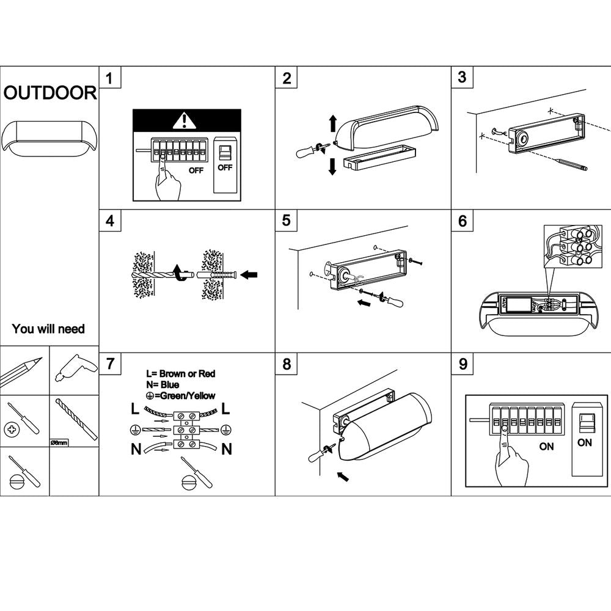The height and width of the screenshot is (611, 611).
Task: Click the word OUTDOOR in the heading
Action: tap(50, 93)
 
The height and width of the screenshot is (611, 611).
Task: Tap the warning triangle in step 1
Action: tap(181, 121)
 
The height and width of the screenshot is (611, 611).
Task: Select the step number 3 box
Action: tap(462, 77)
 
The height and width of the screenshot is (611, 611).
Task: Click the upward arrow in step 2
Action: tap(332, 123)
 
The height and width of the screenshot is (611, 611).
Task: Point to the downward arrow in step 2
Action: tap(332, 166)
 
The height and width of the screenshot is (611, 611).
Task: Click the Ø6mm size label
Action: tap(59, 442)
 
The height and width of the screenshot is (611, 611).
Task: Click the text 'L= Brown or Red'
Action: tap(180, 373)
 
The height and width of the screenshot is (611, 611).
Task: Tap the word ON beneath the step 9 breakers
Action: tap(546, 446)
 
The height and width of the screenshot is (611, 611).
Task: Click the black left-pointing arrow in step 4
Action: tap(249, 275)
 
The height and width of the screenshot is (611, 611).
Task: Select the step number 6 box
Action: tap(462, 221)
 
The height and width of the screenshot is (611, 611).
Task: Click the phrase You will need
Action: tap(48, 329)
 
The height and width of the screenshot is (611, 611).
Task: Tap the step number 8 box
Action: tap(286, 364)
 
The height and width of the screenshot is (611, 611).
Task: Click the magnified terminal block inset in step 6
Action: tap(568, 247)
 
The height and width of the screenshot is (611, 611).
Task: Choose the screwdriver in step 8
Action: tap(320, 453)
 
